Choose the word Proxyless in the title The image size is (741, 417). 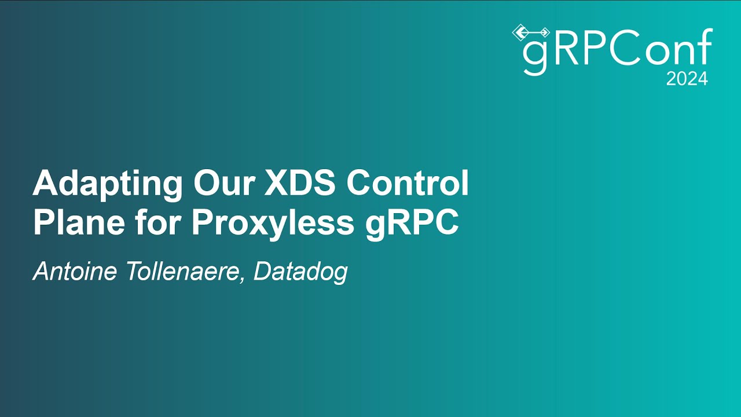[273, 224]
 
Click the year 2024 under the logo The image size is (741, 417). [687, 79]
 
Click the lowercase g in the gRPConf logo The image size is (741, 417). [534, 55]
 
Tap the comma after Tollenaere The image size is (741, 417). [243, 279]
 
